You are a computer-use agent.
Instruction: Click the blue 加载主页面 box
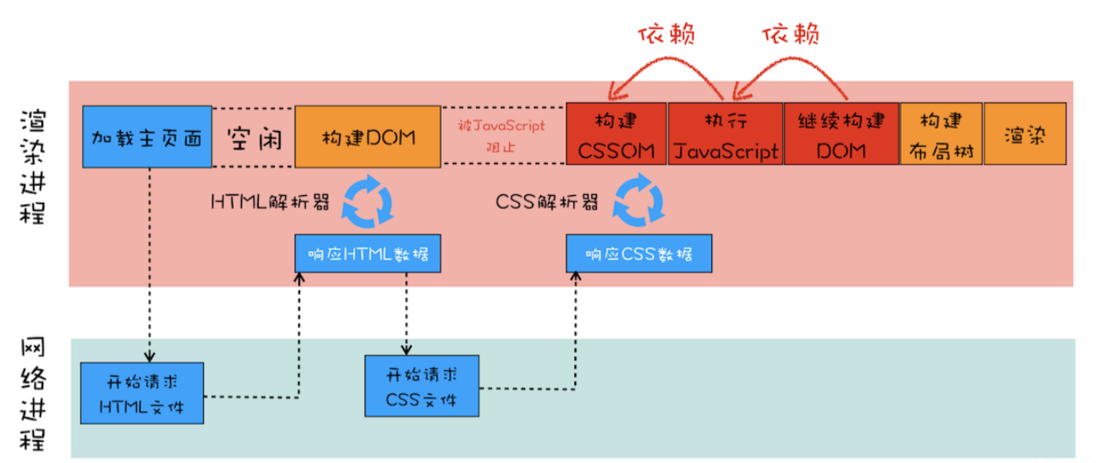[x=147, y=136]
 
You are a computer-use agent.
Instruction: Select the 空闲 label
[x=252, y=137]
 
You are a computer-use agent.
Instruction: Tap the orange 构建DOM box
[x=368, y=136]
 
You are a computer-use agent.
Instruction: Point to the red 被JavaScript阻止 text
[x=502, y=136]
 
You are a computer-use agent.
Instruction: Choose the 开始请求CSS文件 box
[x=421, y=385]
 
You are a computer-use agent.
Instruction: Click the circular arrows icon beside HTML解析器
[x=369, y=201]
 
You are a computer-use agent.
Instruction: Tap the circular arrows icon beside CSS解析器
[x=639, y=201]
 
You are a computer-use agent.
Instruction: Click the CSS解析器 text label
[x=546, y=203]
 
